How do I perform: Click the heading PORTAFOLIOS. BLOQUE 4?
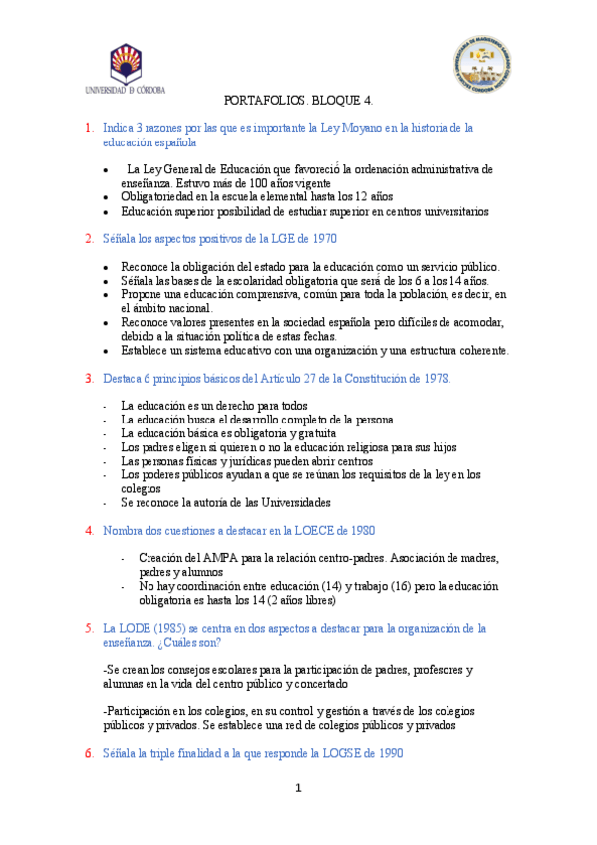(299, 102)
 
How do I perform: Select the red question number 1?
(89, 128)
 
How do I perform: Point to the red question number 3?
(89, 379)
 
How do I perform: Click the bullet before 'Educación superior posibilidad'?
(107, 212)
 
